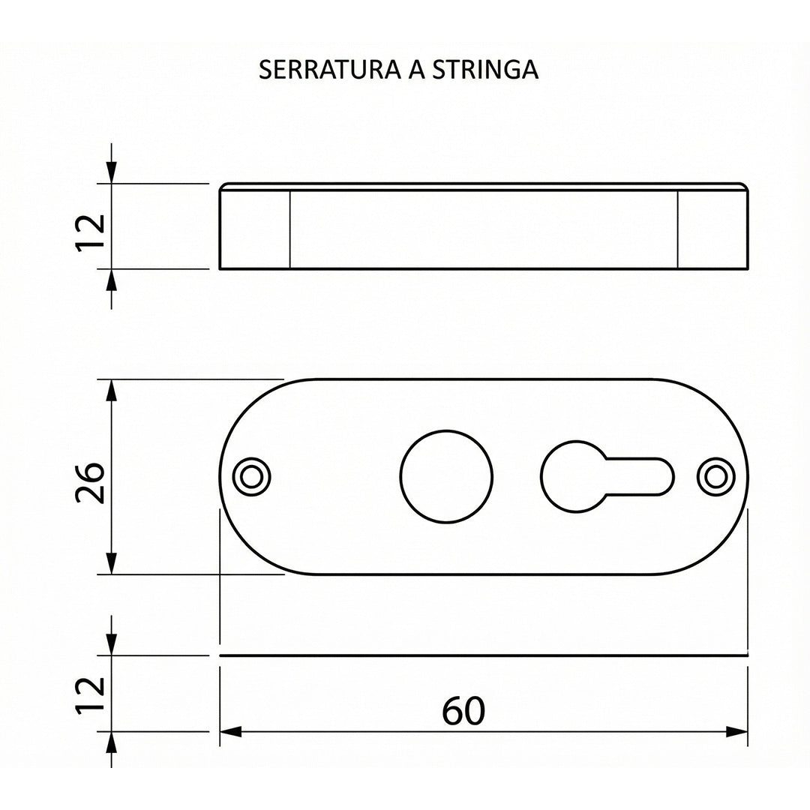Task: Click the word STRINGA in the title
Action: pyautogui.click(x=485, y=69)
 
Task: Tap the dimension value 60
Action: pyautogui.click(x=463, y=711)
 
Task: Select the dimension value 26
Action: pyautogui.click(x=91, y=482)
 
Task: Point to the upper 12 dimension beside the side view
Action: pyautogui.click(x=91, y=232)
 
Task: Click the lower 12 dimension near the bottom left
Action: pyautogui.click(x=91, y=695)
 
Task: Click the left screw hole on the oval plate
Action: pyautogui.click(x=252, y=476)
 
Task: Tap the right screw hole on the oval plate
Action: pyautogui.click(x=716, y=476)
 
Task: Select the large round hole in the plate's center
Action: pyautogui.click(x=446, y=476)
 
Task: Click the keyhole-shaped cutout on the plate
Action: pyautogui.click(x=607, y=476)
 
